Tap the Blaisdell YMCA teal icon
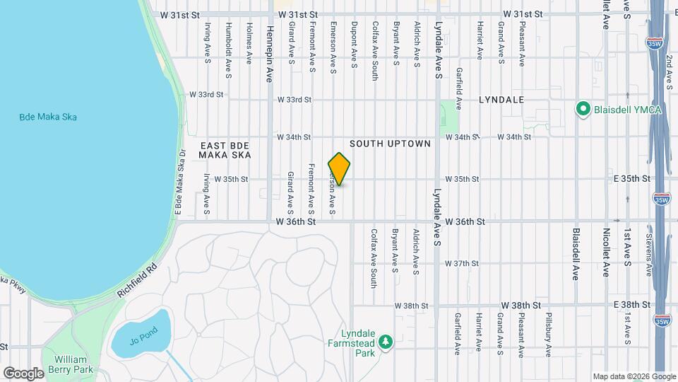[x=583, y=109]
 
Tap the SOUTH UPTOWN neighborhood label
[x=390, y=144]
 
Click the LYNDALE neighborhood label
[x=501, y=100]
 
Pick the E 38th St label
[x=631, y=304]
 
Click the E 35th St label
[x=631, y=179]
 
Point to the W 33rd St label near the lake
[x=206, y=94]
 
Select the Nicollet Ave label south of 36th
[x=605, y=253]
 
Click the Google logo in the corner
[x=23, y=373]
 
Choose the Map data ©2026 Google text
[x=634, y=376]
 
